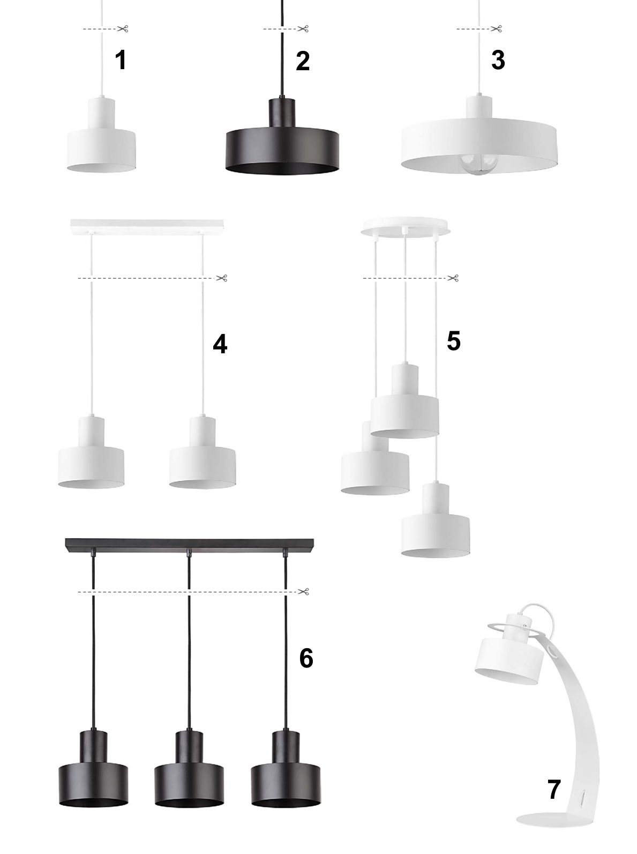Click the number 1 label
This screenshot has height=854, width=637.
[121, 60]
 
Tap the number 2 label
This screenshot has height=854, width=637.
[303, 61]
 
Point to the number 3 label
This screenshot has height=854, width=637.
[498, 60]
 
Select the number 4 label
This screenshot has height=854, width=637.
[220, 344]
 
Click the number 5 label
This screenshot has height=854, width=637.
[454, 340]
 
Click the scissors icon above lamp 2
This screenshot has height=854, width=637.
[303, 28]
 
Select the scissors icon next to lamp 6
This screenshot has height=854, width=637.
[304, 591]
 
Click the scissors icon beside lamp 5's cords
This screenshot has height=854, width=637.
[453, 278]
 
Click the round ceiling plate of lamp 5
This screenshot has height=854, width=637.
[406, 227]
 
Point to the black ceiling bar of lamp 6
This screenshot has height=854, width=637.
[189, 545]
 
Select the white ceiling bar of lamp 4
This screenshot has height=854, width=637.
[147, 227]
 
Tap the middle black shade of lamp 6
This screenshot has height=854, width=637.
[189, 769]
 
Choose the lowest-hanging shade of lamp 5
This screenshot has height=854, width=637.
[435, 521]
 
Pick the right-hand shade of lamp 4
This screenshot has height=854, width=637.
[203, 453]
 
